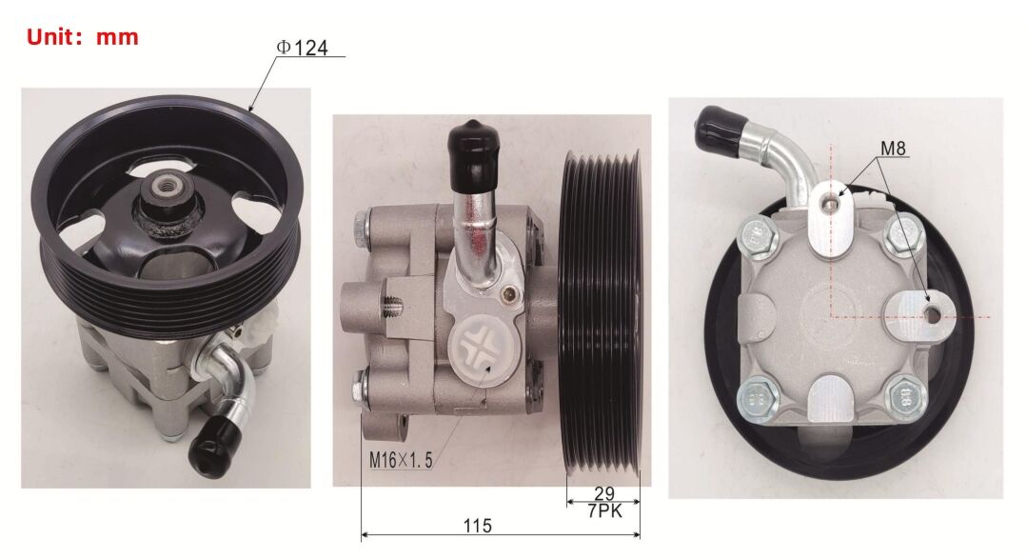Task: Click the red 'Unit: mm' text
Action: coord(83,36)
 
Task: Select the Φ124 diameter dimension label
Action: coord(302,48)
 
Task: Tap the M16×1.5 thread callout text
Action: coord(401,460)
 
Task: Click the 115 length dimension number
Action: coord(478,526)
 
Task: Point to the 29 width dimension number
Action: coord(603,493)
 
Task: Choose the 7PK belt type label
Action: coord(604,510)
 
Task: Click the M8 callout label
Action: coord(893,149)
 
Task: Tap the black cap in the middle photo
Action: coord(472,150)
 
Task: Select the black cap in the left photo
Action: coord(213,446)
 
